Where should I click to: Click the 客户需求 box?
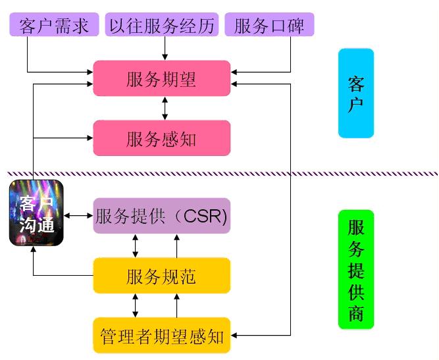54,26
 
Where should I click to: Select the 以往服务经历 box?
161,26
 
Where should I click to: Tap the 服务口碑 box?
269,26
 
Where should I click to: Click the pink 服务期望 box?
161,78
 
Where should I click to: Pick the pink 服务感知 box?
161,138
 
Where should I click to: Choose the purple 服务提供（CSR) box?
161,216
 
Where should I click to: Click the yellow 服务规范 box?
161,275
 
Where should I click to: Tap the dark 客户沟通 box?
36,213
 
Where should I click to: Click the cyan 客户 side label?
356,93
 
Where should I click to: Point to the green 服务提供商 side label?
355,269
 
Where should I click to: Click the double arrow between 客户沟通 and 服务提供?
78,215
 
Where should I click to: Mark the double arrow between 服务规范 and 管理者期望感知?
136,305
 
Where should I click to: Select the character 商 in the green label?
355,313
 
